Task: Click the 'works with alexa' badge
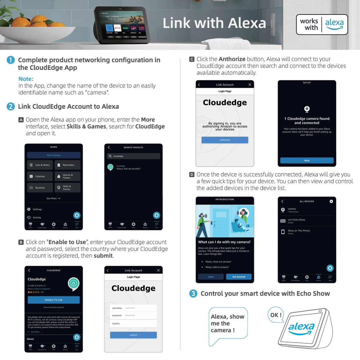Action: [322, 25]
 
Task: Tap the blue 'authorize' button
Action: [225, 140]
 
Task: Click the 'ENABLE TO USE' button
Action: [53, 300]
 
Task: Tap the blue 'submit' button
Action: [133, 335]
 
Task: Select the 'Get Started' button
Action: [239, 277]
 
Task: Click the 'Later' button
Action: [211, 277]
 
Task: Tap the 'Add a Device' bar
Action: [53, 155]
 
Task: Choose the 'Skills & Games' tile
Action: [67, 188]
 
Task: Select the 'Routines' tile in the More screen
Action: [40, 188]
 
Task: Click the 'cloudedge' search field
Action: [133, 156]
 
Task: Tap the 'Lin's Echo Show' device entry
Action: [307, 221]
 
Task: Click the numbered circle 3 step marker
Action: [193, 293]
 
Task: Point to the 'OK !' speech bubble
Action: [276, 315]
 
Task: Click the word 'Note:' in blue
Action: [26, 79]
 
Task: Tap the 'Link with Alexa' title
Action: [214, 23]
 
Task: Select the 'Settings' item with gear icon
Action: [37, 209]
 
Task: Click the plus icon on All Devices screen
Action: [331, 201]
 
